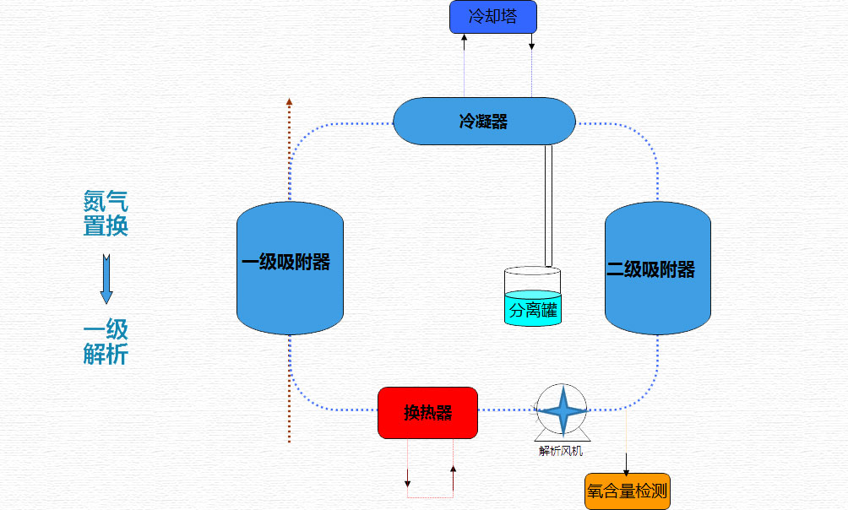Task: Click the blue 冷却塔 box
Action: (x=492, y=17)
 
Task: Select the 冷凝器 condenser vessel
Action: (x=484, y=121)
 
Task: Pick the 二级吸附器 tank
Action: (x=657, y=269)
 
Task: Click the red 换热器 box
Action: (x=427, y=413)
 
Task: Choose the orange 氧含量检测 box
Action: (x=627, y=491)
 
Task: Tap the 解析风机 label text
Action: (x=561, y=450)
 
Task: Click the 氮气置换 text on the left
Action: (x=106, y=213)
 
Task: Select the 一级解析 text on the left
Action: (x=106, y=341)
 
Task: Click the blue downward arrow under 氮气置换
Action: (x=106, y=278)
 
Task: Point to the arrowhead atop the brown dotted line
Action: (x=289, y=101)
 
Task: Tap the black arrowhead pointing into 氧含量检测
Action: (x=627, y=469)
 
